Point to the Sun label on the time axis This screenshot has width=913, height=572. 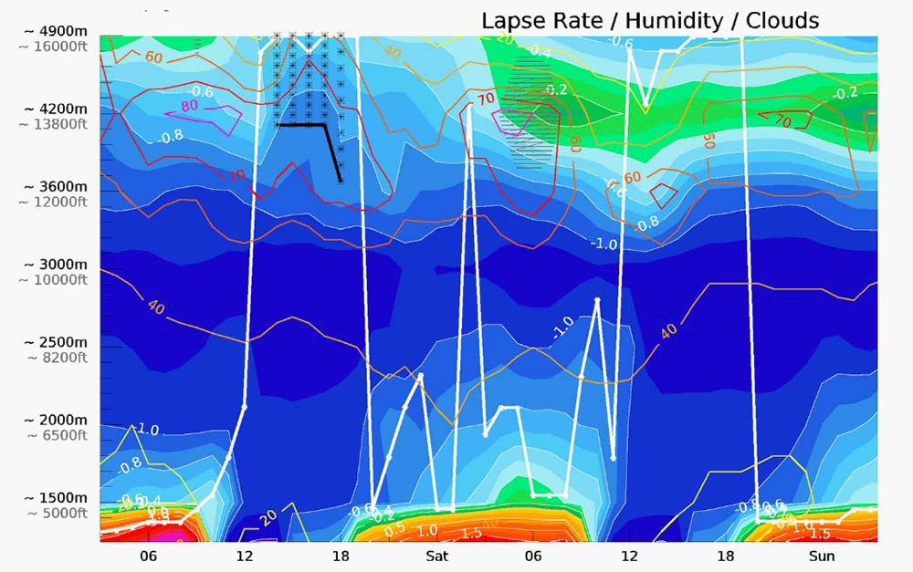822,556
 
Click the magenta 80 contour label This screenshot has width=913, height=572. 189,105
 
